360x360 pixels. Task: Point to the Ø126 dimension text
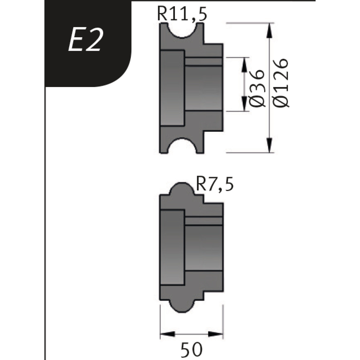pyautogui.click(x=282, y=83)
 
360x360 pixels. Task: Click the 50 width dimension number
pyautogui.click(x=192, y=349)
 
